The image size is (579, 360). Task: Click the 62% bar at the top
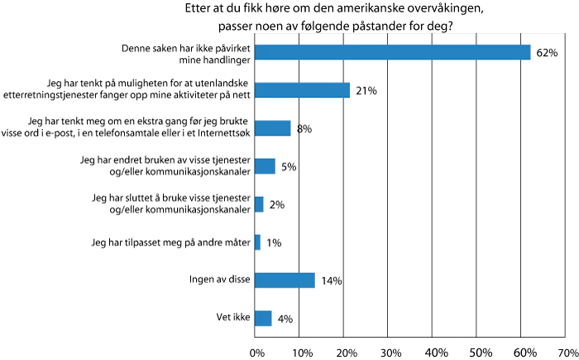[x=393, y=52]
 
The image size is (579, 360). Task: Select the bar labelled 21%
[x=303, y=90]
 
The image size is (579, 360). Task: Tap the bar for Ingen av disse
[x=285, y=281]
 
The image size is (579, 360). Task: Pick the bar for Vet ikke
[x=264, y=318]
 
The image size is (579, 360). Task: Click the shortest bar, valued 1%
[x=258, y=242]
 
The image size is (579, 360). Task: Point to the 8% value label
[x=304, y=129]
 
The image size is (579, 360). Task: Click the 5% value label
[x=289, y=166]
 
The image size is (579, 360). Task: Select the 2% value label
[x=277, y=204]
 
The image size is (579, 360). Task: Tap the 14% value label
[x=332, y=281]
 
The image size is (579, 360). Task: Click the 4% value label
[x=285, y=319]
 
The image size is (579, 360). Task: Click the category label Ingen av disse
[x=217, y=281]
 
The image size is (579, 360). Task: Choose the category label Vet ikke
[x=232, y=318]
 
